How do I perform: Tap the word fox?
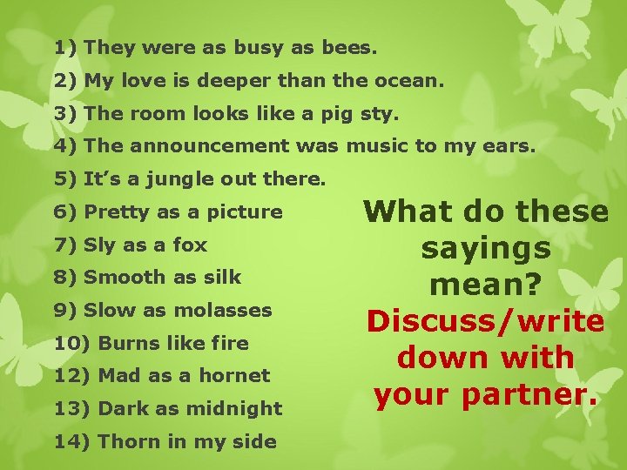[x=190, y=245]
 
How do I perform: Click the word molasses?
[x=231, y=310]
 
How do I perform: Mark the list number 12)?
[x=73, y=376]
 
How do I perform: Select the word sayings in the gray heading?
[x=486, y=249]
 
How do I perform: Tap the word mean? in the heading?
[x=486, y=285]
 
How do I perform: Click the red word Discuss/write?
[x=486, y=321]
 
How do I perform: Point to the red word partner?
[x=533, y=394]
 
